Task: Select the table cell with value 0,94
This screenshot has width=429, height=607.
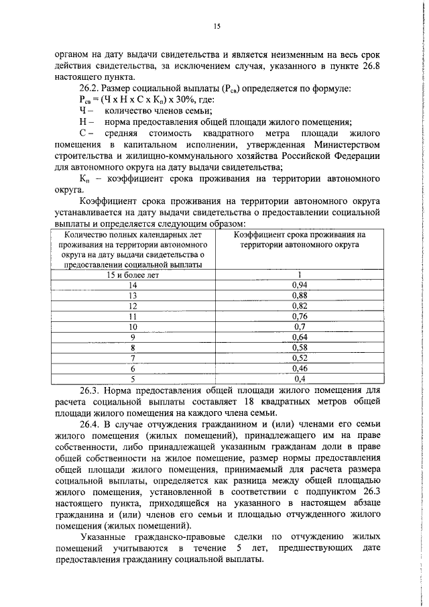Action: [x=300, y=284]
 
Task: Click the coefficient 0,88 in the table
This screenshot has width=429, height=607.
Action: [x=300, y=295]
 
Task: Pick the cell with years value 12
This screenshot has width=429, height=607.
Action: [x=133, y=306]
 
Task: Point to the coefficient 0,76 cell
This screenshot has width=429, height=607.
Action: [x=300, y=316]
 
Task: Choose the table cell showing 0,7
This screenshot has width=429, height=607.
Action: [x=300, y=327]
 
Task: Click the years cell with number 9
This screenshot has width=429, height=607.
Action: [x=133, y=337]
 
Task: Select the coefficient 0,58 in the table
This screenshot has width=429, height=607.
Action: [x=300, y=347]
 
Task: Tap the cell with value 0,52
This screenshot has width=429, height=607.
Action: [x=300, y=358]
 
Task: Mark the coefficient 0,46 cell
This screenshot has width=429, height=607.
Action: [x=300, y=368]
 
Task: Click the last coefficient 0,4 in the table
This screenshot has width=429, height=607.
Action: [x=300, y=379]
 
